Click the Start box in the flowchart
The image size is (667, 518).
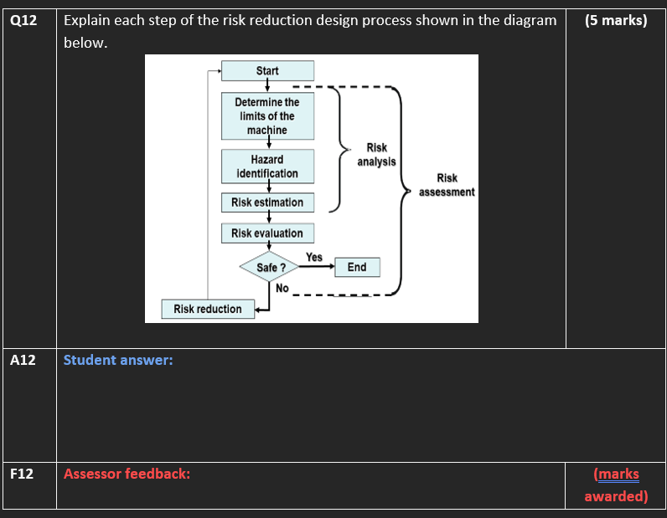[x=267, y=71]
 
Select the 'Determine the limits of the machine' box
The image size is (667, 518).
[x=267, y=116]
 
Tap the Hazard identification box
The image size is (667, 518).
[x=267, y=166]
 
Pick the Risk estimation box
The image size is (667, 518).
[x=267, y=203]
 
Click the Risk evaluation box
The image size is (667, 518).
[x=267, y=233]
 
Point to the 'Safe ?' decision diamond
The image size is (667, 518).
[x=267, y=268]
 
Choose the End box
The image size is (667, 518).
[x=356, y=268]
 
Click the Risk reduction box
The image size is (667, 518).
[x=208, y=309]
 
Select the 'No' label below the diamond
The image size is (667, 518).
[x=282, y=288]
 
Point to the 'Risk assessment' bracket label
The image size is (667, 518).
[x=447, y=185]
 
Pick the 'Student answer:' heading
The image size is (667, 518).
[x=118, y=360]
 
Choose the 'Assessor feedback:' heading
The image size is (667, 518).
[x=127, y=474]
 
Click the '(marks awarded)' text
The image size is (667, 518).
[x=616, y=485]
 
